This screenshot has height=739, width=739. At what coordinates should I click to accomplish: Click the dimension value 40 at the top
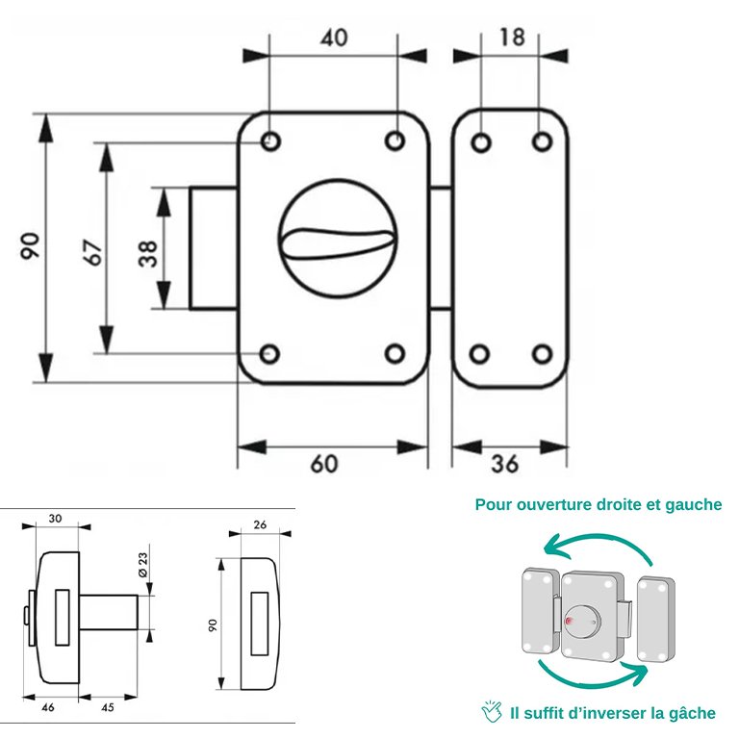[332, 38]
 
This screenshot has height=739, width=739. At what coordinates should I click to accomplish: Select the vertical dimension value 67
[92, 251]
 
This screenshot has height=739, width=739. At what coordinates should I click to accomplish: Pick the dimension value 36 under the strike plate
[503, 464]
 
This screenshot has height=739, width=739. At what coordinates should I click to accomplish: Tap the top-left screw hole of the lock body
[270, 142]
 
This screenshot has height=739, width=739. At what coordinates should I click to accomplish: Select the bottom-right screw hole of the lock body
[395, 353]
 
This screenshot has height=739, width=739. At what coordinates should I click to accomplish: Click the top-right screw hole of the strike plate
[542, 142]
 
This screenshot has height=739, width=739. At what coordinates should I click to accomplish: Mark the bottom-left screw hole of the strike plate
[480, 353]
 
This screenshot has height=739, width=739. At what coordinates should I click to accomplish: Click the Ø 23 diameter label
[141, 567]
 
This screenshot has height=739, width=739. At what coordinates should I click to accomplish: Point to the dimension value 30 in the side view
[56, 519]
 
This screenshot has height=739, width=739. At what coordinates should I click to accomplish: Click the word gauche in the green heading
[694, 504]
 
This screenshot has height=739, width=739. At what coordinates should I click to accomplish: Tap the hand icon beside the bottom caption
[492, 712]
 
